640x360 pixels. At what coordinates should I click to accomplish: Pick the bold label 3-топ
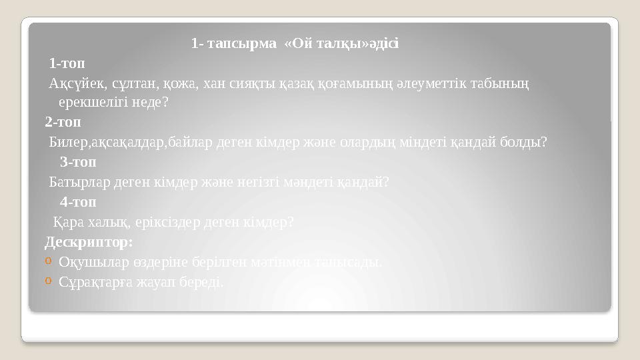78,161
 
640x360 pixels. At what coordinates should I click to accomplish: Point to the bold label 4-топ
78,201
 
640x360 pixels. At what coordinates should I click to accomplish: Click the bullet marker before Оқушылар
49,261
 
